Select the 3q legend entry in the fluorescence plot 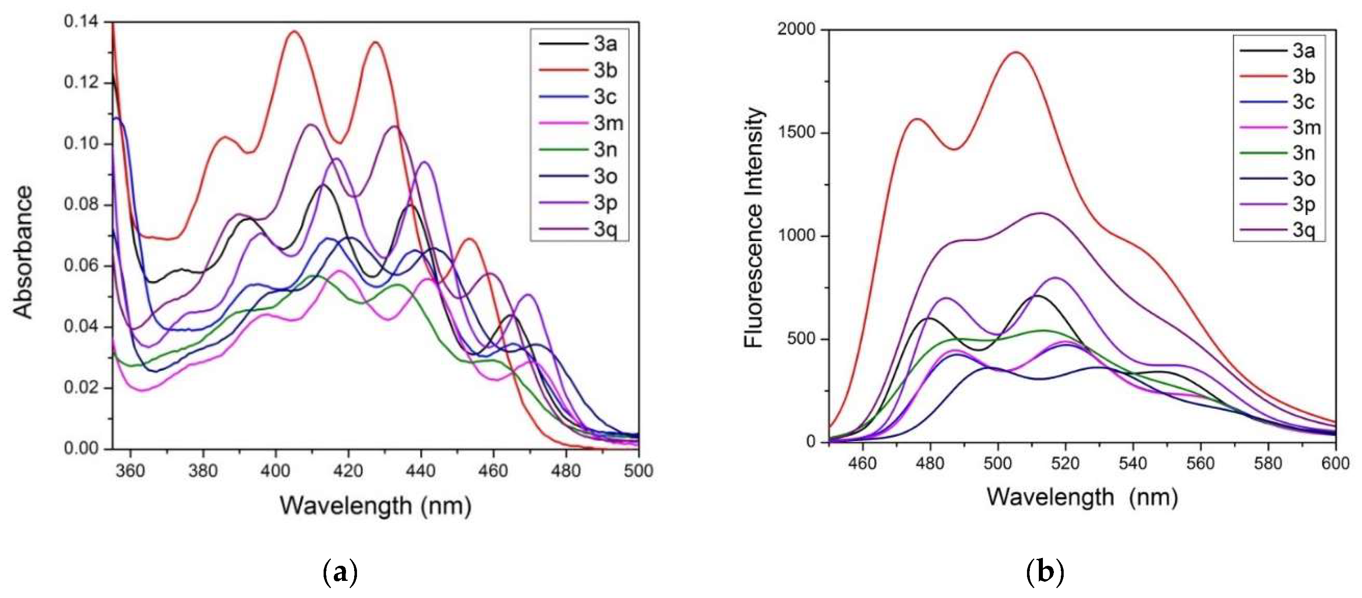[x=1303, y=230]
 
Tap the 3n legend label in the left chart [x=605, y=150]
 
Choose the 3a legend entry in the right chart [x=1303, y=51]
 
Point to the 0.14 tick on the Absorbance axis [x=81, y=22]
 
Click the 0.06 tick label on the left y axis [x=81, y=266]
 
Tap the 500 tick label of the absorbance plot [x=638, y=470]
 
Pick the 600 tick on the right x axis [x=1336, y=463]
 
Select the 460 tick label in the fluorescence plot [x=862, y=463]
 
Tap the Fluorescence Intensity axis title [x=754, y=228]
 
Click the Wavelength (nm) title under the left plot [x=375, y=505]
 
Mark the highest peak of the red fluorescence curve [x=1016, y=52]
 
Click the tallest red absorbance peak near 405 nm [x=294, y=32]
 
